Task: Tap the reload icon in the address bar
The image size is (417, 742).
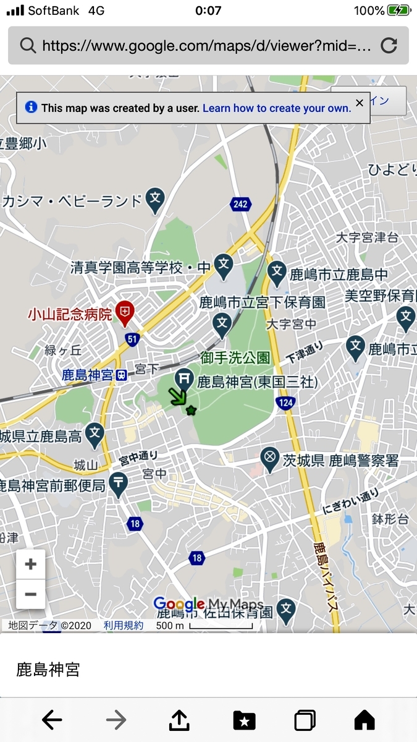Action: pyautogui.click(x=389, y=45)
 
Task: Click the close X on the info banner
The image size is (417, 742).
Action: pyautogui.click(x=360, y=103)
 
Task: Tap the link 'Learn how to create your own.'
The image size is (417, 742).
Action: pyautogui.click(x=277, y=108)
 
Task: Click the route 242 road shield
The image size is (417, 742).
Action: pyautogui.click(x=240, y=203)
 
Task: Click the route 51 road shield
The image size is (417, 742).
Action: pyautogui.click(x=132, y=338)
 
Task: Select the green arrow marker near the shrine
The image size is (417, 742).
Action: pyautogui.click(x=177, y=396)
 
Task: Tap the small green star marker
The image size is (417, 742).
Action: pyautogui.click(x=191, y=410)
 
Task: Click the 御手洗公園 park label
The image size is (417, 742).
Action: pyautogui.click(x=234, y=357)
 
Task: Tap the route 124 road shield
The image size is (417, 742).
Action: pyautogui.click(x=285, y=402)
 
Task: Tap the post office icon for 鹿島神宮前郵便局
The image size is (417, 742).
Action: pyautogui.click(x=119, y=483)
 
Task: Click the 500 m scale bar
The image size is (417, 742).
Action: pyautogui.click(x=221, y=626)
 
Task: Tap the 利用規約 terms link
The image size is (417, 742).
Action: pyautogui.click(x=124, y=626)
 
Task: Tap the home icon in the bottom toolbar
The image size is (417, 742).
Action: pyautogui.click(x=364, y=720)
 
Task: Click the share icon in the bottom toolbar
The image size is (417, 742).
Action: pyautogui.click(x=179, y=719)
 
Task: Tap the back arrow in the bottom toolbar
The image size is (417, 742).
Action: pyautogui.click(x=53, y=720)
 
